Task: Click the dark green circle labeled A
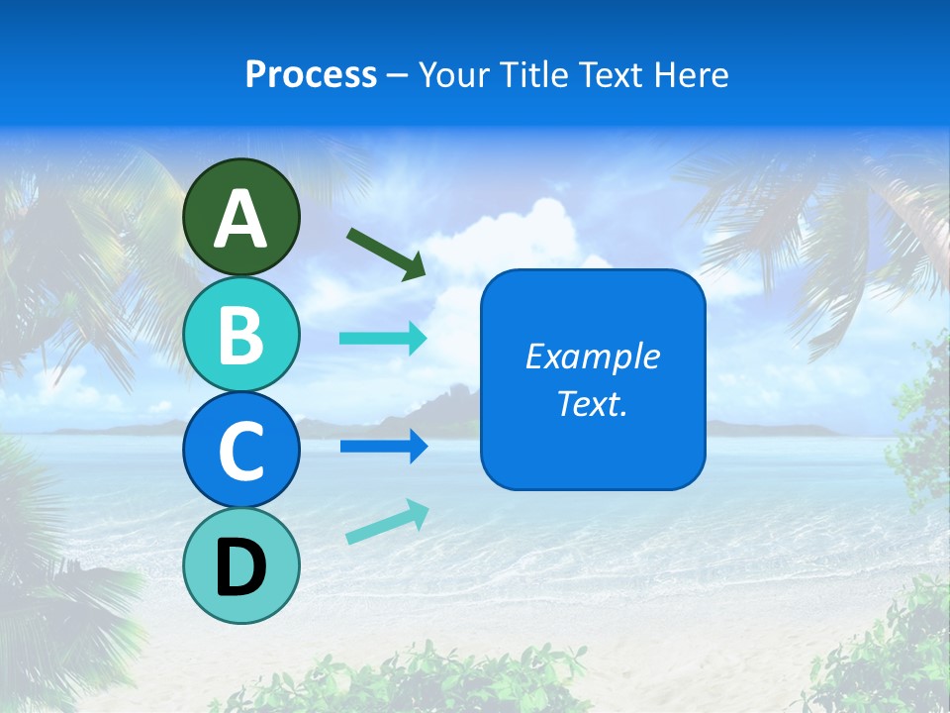[240, 188]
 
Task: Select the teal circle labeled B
[240, 334]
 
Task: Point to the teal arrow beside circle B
[383, 339]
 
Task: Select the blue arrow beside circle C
[383, 446]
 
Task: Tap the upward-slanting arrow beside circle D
[387, 522]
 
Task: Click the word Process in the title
[311, 75]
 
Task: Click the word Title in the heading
[535, 75]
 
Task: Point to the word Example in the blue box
[592, 356]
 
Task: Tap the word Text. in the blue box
[592, 403]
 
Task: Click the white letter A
[240, 219]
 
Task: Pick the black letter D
[240, 568]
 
